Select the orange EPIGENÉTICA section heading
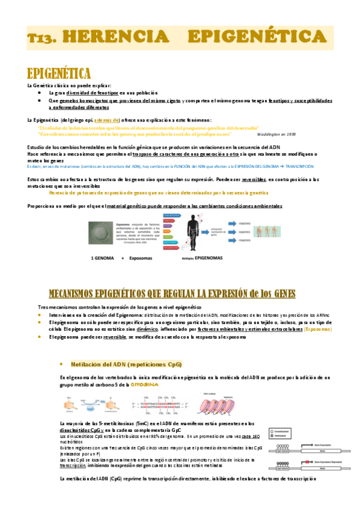click(59, 74)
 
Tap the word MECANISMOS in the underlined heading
click(83, 293)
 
